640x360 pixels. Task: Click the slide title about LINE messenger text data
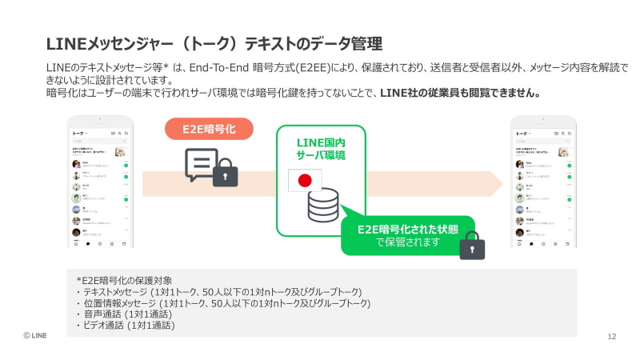click(x=214, y=42)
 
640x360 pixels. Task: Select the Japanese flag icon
click(x=304, y=181)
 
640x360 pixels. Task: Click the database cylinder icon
click(x=322, y=205)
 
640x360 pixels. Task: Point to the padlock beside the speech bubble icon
click(x=226, y=172)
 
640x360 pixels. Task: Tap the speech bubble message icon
click(x=201, y=163)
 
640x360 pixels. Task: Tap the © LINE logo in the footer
click(x=34, y=336)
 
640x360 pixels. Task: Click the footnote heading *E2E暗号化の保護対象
click(x=124, y=280)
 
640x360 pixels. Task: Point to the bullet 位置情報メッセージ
click(x=223, y=303)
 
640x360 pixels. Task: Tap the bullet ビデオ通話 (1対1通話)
click(x=126, y=326)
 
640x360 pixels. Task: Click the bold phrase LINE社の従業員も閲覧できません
click(x=461, y=93)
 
